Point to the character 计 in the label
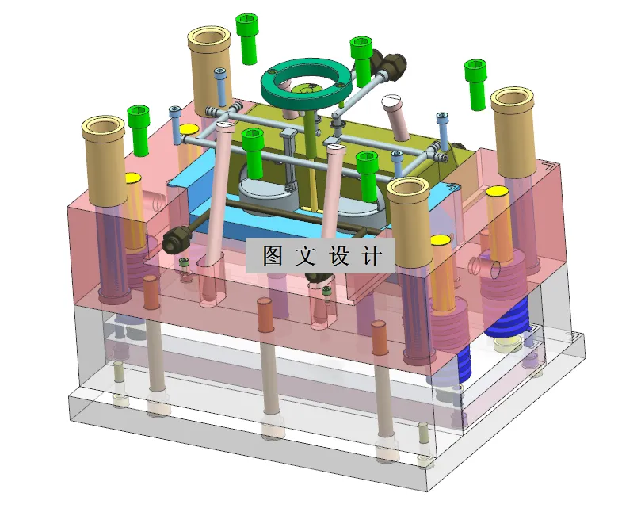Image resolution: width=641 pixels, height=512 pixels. (x=374, y=255)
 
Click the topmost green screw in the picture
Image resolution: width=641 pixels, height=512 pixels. (x=247, y=35)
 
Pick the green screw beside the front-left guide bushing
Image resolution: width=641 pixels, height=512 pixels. (x=139, y=130)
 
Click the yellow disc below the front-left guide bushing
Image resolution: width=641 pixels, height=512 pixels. (x=132, y=177)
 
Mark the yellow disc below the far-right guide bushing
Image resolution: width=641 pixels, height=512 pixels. (x=497, y=192)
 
